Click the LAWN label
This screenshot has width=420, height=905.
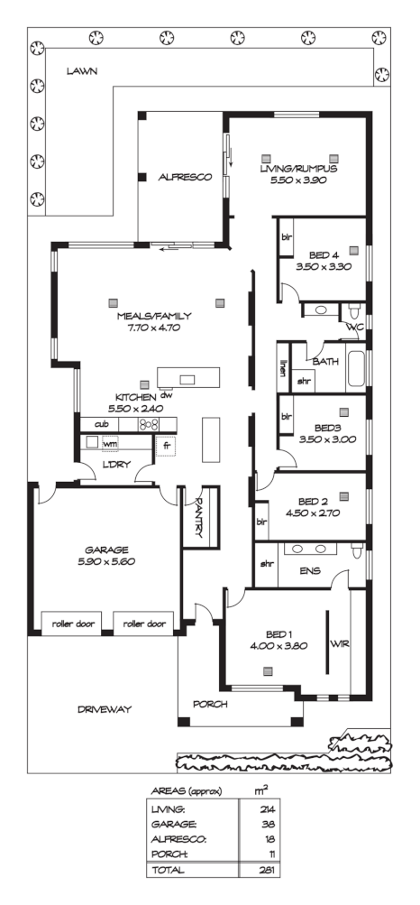81,71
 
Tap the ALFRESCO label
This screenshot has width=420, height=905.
185,178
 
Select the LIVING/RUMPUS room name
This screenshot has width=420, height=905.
298,169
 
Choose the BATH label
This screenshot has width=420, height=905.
326,361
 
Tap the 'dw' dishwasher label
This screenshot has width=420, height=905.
166,395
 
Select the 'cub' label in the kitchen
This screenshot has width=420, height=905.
101,423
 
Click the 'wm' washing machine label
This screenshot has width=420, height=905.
111,443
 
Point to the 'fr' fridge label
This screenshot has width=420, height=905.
167,444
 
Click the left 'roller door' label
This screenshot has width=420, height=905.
73,623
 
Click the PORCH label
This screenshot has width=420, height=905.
210,704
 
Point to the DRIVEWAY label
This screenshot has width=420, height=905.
105,709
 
